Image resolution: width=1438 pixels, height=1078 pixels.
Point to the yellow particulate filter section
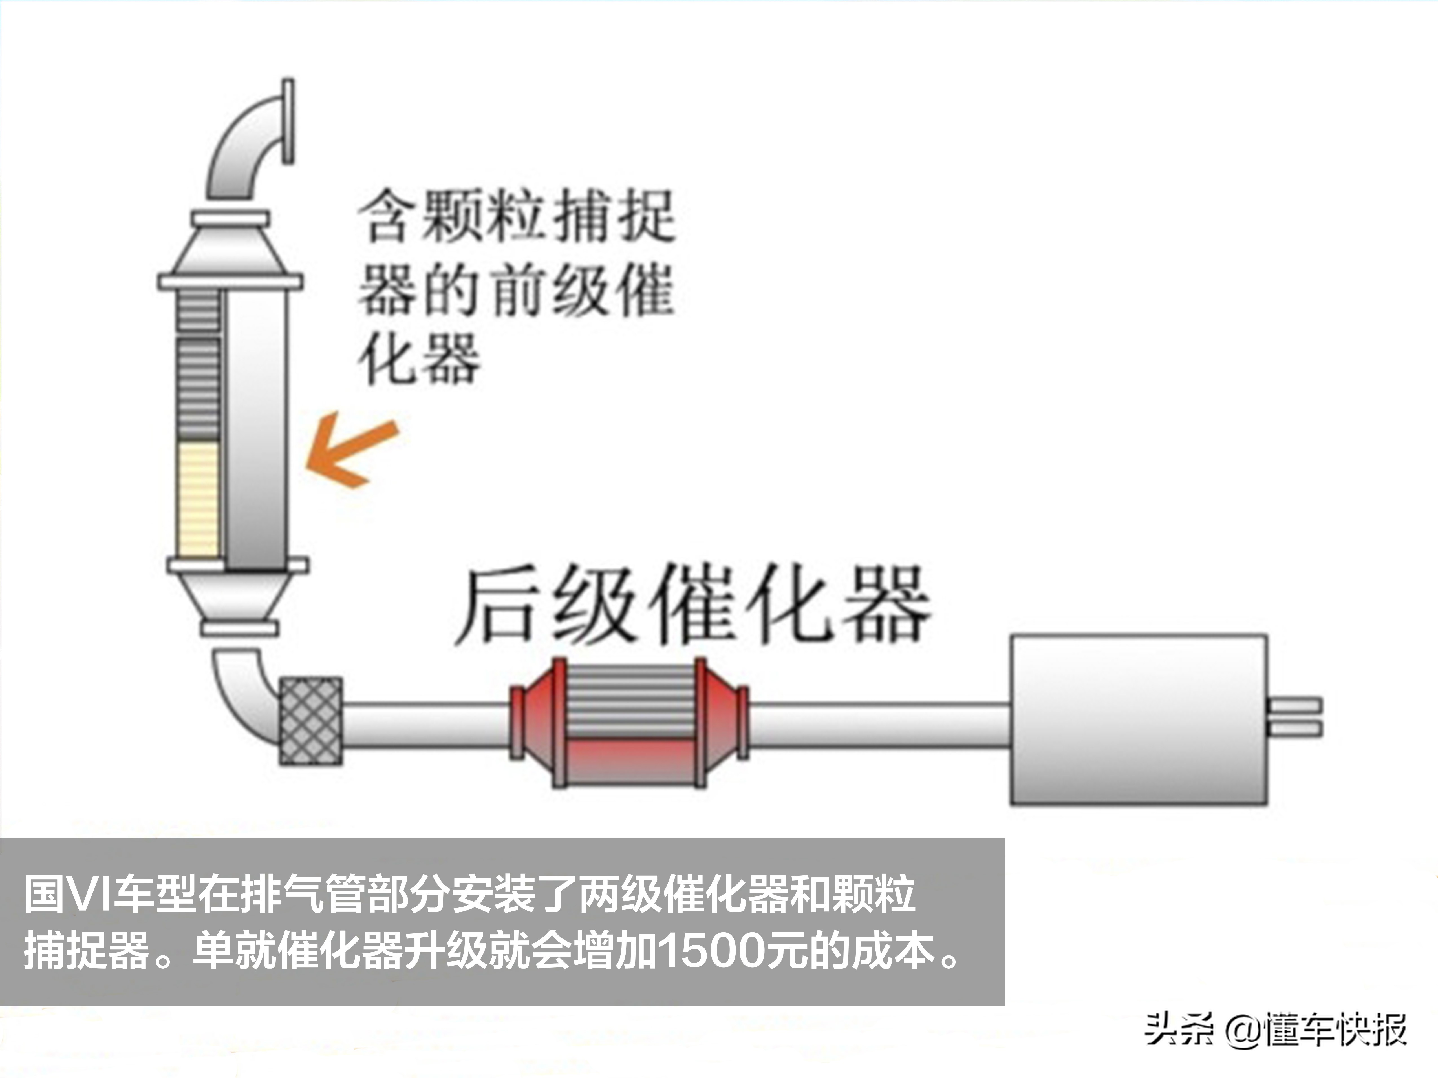point(198,499)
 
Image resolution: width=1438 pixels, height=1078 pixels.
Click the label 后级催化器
point(692,604)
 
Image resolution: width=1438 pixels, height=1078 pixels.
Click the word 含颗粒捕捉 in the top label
point(517,216)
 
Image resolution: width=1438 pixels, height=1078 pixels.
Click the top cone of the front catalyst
point(231,250)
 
